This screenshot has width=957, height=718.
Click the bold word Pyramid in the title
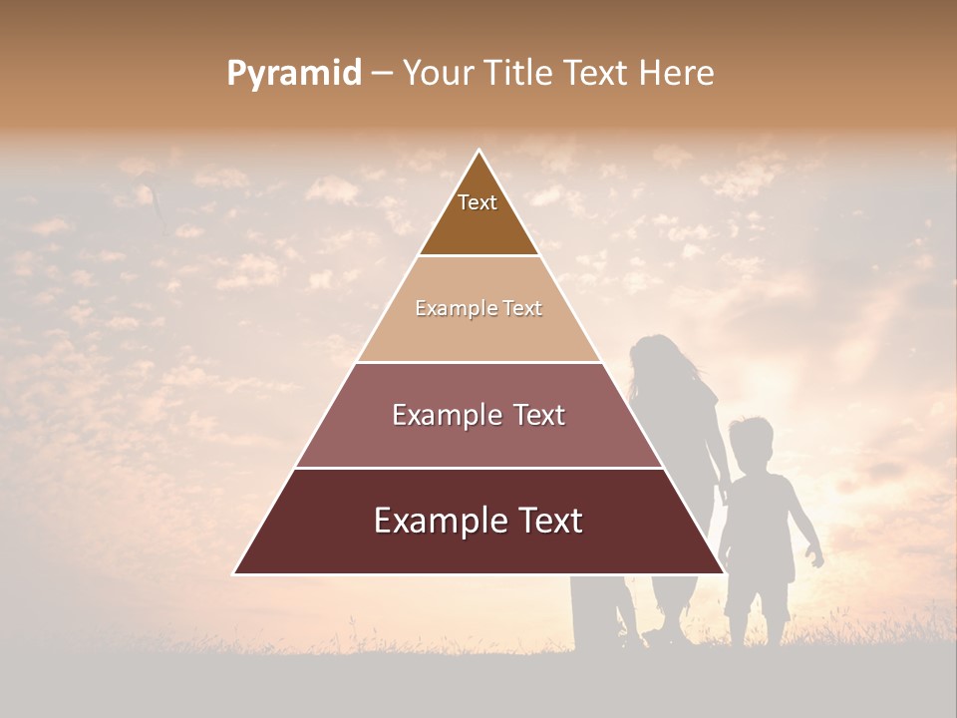(x=294, y=74)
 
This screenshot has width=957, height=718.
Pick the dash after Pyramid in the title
(x=381, y=74)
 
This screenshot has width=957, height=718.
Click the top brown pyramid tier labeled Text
(x=478, y=214)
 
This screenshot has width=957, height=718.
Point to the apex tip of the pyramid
(x=478, y=151)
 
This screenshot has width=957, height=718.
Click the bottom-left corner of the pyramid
(x=235, y=573)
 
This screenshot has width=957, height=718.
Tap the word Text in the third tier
(x=534, y=415)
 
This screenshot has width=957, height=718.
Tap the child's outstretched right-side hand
(x=817, y=559)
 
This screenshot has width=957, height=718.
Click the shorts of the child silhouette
(x=758, y=593)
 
